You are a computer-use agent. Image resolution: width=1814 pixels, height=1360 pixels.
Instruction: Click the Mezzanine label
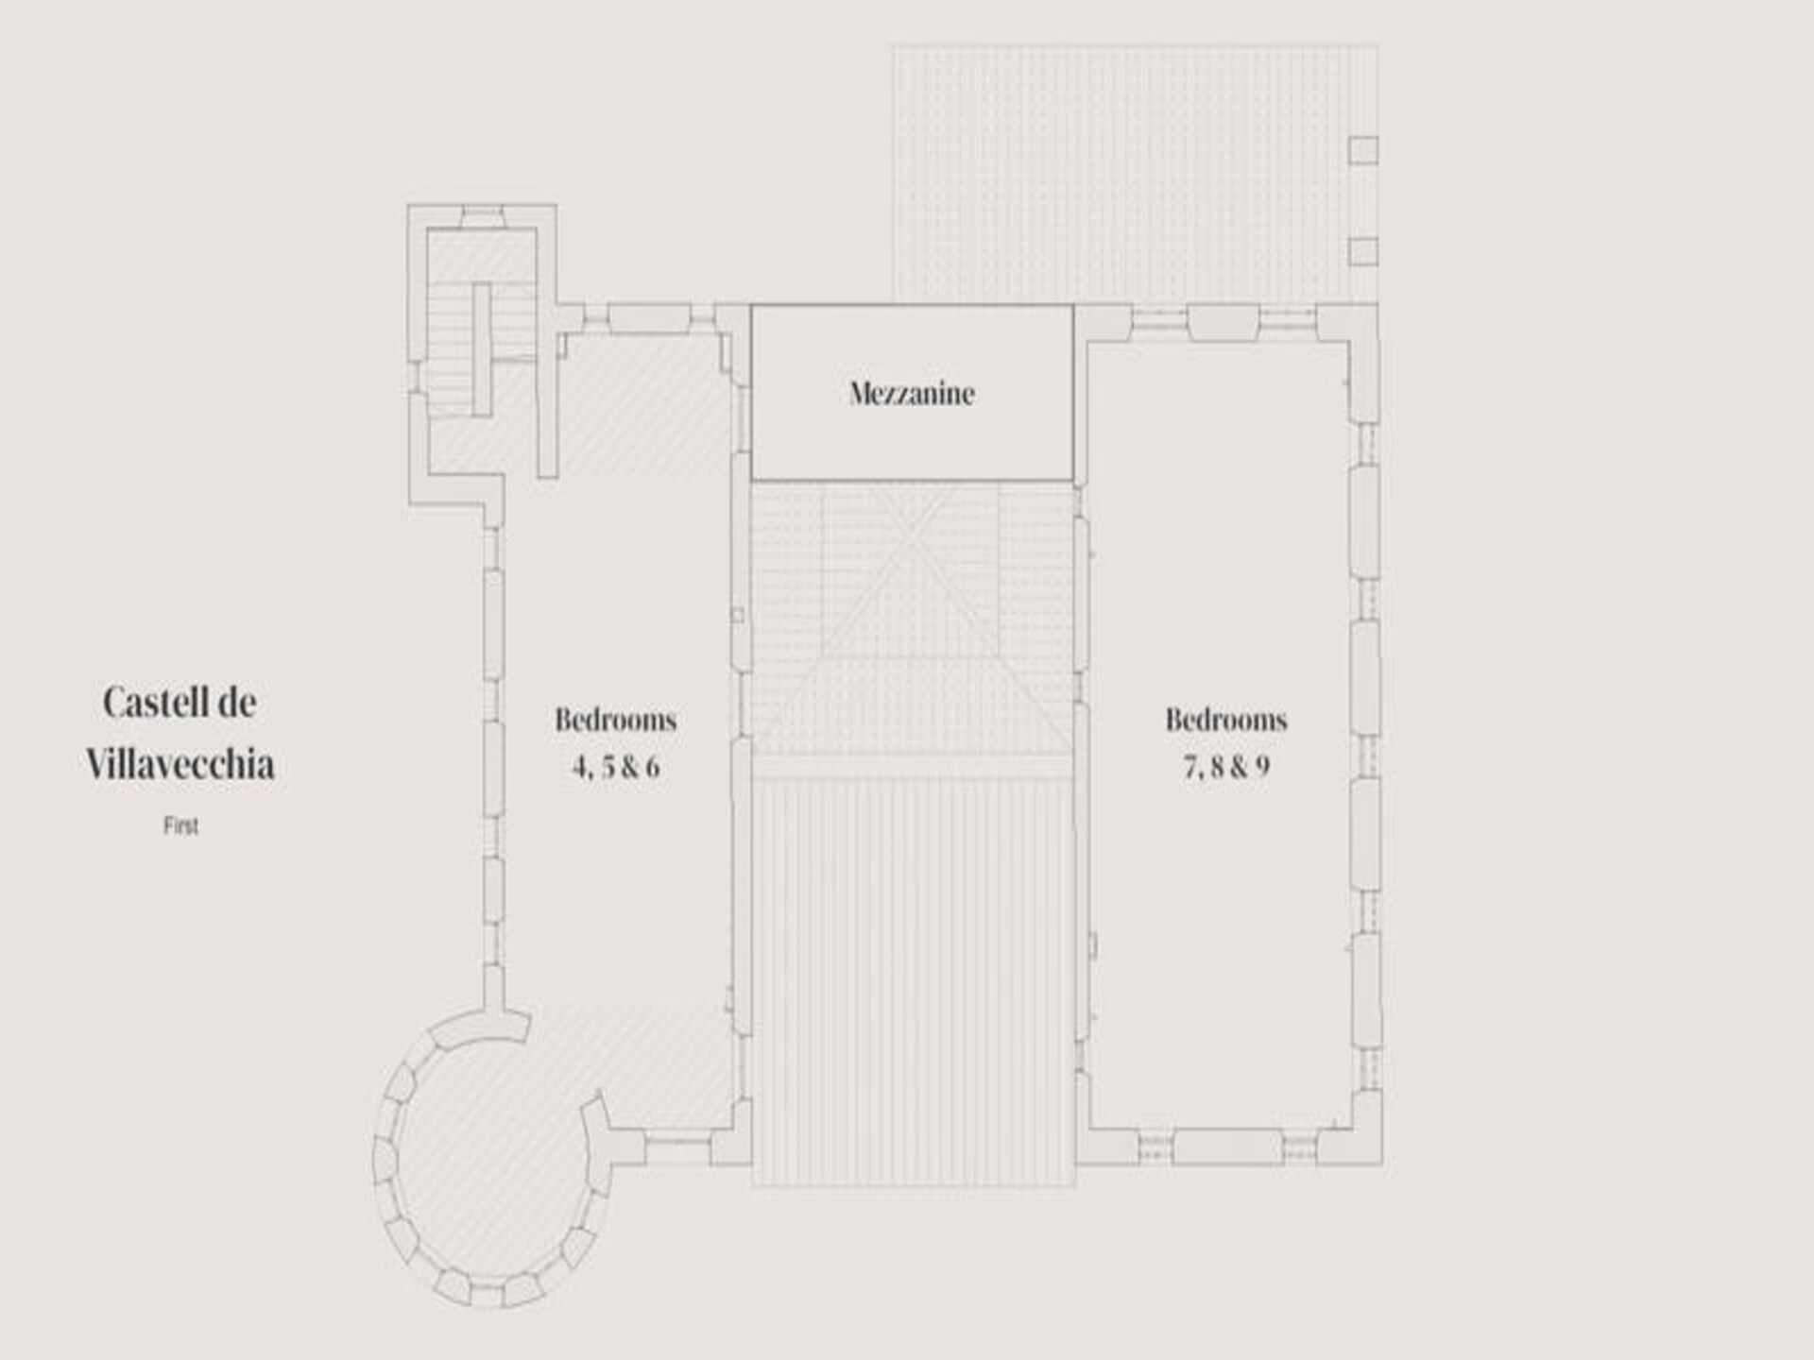point(912,393)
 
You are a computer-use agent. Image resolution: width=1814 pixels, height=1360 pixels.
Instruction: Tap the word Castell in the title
point(151,703)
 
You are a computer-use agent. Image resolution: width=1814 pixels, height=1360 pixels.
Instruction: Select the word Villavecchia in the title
point(180,764)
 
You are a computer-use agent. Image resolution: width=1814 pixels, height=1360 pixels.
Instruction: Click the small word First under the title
point(180,826)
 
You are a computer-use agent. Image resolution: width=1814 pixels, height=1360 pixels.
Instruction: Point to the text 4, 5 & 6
point(616,766)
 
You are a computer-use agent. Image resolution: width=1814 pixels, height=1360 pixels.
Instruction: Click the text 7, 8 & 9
point(1226,766)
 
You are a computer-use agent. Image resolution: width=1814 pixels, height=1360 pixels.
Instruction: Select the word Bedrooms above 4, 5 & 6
point(616,720)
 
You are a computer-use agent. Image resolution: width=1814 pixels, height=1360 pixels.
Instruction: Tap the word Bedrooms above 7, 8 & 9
point(1226,720)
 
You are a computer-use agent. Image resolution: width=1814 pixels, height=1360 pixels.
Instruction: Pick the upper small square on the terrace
point(1362,150)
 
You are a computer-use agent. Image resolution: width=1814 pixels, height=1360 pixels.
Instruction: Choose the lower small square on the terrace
point(1362,251)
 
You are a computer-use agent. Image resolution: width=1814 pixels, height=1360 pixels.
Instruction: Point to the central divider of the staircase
point(482,348)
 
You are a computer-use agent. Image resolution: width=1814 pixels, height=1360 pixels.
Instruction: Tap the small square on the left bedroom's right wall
point(737,615)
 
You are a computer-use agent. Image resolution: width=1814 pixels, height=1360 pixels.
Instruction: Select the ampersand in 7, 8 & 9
point(1236,767)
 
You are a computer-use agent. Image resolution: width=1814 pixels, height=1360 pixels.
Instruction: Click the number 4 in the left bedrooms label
point(580,767)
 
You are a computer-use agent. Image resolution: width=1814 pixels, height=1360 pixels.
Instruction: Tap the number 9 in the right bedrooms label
point(1262,767)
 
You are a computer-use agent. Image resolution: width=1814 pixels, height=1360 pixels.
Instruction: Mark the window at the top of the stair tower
point(482,216)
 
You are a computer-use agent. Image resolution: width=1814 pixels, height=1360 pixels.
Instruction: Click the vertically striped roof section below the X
point(913,982)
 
